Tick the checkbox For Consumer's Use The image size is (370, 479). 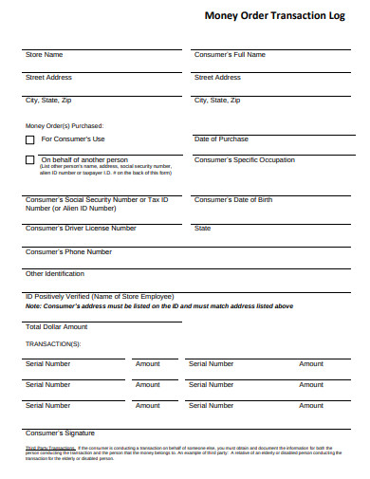(x=29, y=139)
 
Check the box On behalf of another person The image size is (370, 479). (x=29, y=160)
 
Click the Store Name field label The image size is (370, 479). (x=45, y=55)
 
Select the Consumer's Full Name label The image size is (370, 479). (x=230, y=55)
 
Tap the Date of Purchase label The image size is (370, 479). (x=221, y=139)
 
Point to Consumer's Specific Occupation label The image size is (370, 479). (x=245, y=160)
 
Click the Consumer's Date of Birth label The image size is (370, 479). (x=232, y=200)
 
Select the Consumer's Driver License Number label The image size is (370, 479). (x=80, y=229)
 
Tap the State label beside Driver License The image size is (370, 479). (x=202, y=229)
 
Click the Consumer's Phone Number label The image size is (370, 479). (x=68, y=252)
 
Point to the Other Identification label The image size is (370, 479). (x=54, y=274)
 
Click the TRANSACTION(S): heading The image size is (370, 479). (x=52, y=343)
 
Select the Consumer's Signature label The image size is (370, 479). (x=61, y=433)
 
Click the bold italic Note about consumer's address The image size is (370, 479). (x=158, y=306)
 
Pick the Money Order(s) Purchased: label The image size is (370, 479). (x=64, y=125)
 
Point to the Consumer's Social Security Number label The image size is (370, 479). (x=96, y=200)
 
